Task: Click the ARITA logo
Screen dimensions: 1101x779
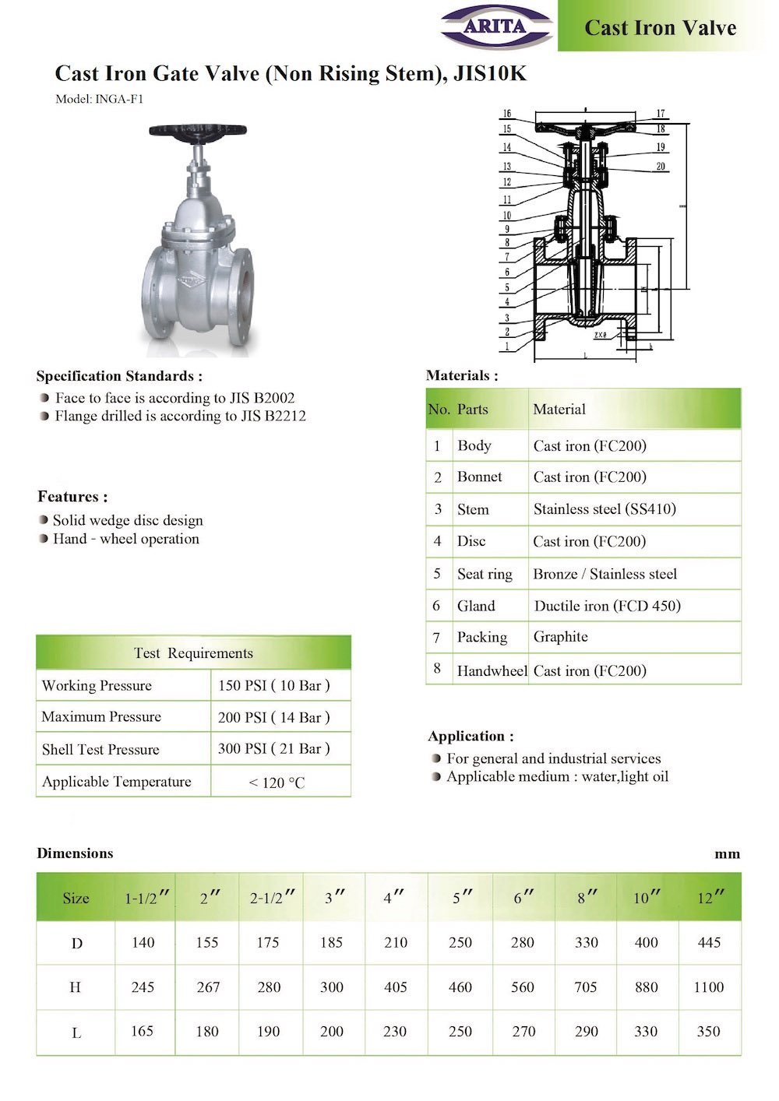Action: [x=496, y=26]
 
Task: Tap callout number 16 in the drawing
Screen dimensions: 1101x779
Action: [x=506, y=114]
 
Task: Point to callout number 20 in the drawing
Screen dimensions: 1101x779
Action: [x=661, y=167]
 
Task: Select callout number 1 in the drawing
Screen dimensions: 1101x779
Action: [x=506, y=346]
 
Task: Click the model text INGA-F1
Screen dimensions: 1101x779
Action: [x=118, y=99]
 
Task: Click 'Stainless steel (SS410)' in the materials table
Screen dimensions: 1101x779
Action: [x=605, y=509]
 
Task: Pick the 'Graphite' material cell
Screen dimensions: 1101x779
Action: [x=560, y=637]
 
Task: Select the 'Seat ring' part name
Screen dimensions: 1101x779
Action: [x=485, y=574]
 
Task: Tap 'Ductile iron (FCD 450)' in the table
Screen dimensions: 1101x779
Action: [x=607, y=606]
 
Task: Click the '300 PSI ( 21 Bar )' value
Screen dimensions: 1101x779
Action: [x=273, y=748]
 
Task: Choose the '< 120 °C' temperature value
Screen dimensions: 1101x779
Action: [x=277, y=783]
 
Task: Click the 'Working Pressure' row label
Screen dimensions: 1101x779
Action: [x=97, y=685]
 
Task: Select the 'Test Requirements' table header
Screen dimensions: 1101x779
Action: [x=193, y=653]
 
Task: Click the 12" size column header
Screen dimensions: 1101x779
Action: [x=710, y=898]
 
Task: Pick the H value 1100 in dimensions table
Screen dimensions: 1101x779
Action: [x=708, y=987]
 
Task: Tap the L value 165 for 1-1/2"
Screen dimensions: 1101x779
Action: [x=142, y=1031]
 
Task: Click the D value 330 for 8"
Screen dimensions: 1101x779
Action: [x=586, y=942]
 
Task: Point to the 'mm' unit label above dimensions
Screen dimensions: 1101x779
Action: [x=727, y=854]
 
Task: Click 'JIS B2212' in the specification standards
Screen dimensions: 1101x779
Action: [x=273, y=416]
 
